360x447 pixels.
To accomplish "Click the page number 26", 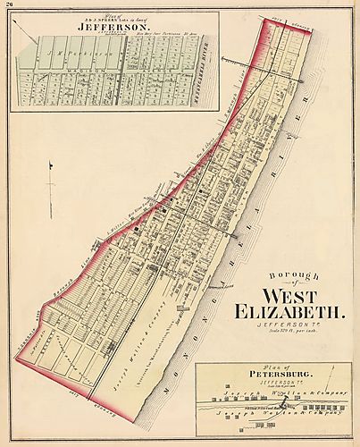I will point(8,5).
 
